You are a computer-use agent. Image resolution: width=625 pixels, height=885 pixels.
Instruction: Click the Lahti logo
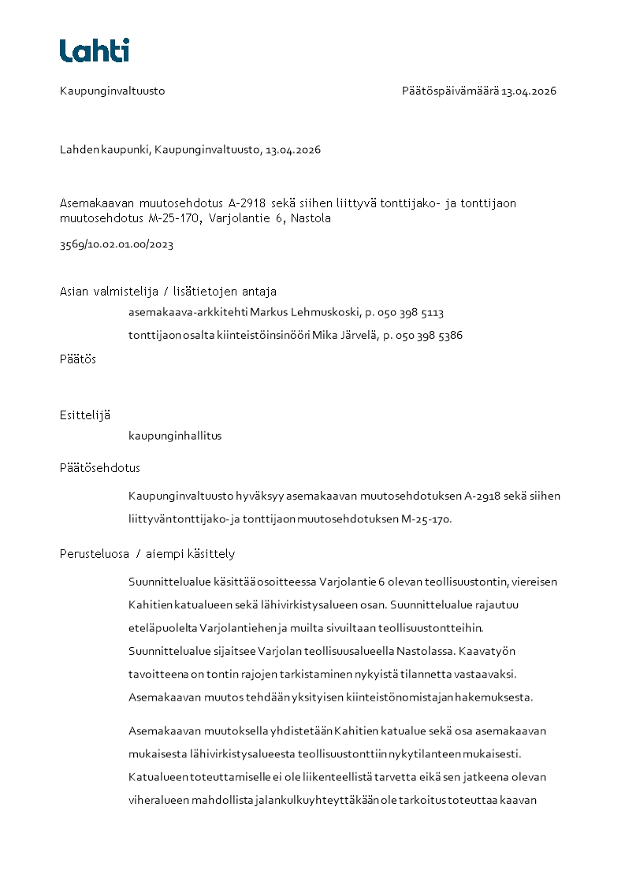tap(95, 50)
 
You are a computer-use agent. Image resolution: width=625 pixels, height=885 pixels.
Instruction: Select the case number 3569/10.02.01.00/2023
tap(117, 244)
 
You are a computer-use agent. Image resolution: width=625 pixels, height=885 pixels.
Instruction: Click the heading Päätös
tap(78, 359)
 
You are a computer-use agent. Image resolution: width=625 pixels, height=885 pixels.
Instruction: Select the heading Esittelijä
tap(85, 415)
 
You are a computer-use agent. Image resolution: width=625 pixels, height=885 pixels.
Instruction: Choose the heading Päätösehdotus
tap(100, 468)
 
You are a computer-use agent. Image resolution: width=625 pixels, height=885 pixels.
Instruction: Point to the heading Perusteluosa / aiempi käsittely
tap(147, 554)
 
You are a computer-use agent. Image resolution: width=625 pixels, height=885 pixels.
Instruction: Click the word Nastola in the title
tap(311, 218)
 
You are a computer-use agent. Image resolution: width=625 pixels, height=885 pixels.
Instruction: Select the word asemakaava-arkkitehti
tap(188, 313)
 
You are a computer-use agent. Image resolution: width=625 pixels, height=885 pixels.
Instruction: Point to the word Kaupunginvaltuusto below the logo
tap(113, 91)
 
